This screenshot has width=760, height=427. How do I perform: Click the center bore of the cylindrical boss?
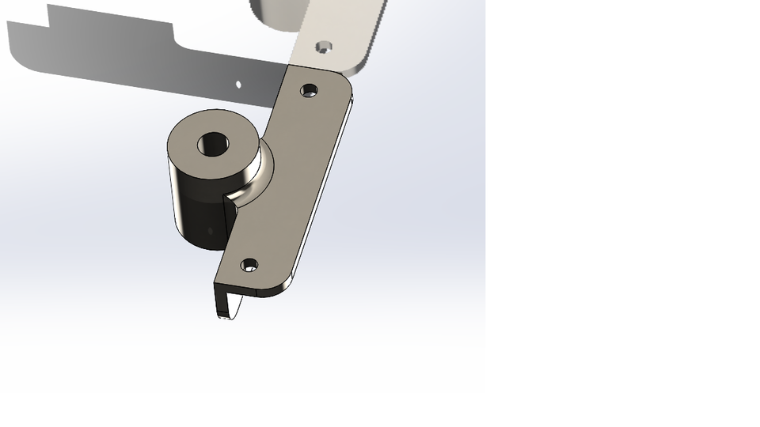[212, 144]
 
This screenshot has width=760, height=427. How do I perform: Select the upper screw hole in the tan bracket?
[310, 90]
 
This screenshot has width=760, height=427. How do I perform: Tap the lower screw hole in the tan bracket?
[249, 265]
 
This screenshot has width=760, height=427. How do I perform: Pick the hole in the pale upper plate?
[322, 47]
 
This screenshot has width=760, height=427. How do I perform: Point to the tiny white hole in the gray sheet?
[238, 83]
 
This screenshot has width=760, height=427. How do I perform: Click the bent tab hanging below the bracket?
[226, 301]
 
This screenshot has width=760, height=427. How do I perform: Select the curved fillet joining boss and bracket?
[255, 178]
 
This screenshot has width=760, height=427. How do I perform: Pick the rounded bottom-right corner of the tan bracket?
[281, 288]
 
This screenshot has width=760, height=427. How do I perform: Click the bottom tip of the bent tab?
[225, 317]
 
